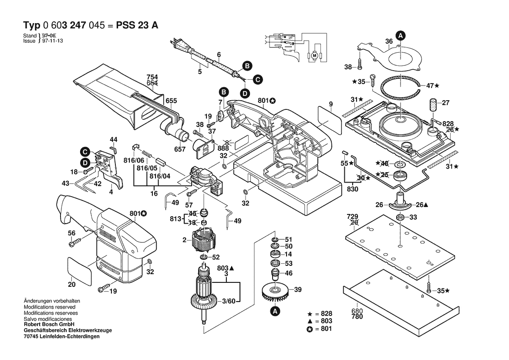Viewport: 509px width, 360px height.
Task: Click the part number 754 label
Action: click(x=152, y=78)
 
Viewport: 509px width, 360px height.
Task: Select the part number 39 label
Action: click(x=298, y=290)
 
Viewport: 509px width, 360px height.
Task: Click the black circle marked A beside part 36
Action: click(x=400, y=35)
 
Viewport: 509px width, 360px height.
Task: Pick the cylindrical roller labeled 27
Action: click(x=434, y=105)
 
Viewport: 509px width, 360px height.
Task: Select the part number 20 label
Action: click(x=72, y=285)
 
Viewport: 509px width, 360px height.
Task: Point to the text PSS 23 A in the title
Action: click(x=137, y=25)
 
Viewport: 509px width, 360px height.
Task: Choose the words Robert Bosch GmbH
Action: click(x=49, y=324)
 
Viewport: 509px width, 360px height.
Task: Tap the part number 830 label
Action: click(x=353, y=189)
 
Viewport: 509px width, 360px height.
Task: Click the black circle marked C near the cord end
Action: click(x=257, y=79)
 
